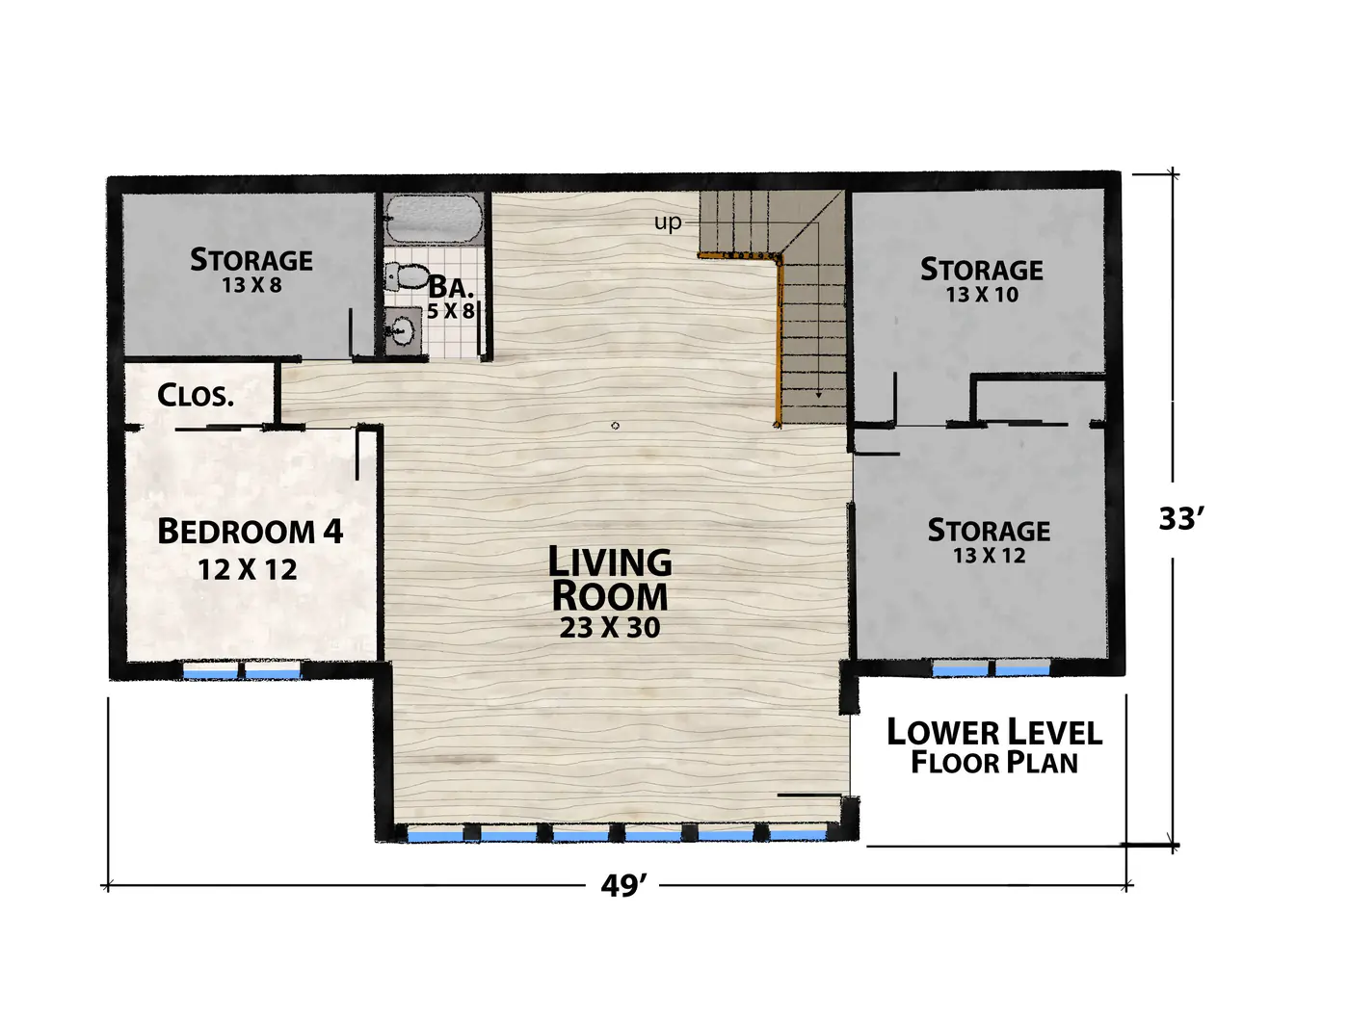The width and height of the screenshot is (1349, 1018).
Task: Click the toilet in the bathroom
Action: click(x=407, y=277)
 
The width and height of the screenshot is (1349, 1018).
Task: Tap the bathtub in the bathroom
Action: click(x=433, y=220)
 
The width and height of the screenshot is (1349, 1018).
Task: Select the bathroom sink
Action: click(x=403, y=331)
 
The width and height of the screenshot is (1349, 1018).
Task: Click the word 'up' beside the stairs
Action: click(x=668, y=222)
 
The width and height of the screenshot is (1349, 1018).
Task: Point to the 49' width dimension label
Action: click(x=623, y=885)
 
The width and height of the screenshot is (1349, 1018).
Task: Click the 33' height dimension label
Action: click(x=1181, y=519)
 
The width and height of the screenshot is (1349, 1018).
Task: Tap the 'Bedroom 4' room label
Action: click(x=250, y=531)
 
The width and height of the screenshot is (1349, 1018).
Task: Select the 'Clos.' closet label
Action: click(x=196, y=396)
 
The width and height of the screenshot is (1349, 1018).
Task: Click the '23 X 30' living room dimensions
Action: click(x=610, y=628)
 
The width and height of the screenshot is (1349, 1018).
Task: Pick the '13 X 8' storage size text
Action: click(x=252, y=285)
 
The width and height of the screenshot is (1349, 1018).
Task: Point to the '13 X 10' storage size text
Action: click(x=982, y=296)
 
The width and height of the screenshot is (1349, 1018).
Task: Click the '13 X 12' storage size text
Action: click(x=989, y=557)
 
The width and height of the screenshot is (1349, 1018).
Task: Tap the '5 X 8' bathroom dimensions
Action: click(x=451, y=311)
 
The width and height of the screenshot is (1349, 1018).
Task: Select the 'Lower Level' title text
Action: click(x=994, y=733)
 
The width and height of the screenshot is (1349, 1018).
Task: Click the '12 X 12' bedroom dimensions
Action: click(x=247, y=570)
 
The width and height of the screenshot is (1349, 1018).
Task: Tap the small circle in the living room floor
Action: click(x=615, y=426)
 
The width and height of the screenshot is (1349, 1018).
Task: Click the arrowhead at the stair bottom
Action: click(x=818, y=396)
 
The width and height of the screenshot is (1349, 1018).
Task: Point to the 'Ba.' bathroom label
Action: click(x=451, y=286)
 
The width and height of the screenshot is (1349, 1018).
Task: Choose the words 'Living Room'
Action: click(x=610, y=579)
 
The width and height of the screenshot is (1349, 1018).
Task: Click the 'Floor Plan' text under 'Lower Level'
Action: click(x=994, y=763)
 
